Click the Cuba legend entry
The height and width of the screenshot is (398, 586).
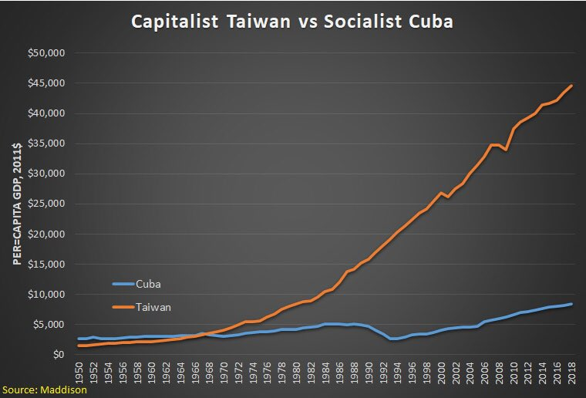point(149,284)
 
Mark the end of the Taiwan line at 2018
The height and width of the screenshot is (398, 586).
point(571,86)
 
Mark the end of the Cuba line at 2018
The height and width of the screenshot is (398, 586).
point(571,304)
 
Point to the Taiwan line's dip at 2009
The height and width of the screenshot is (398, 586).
point(506,150)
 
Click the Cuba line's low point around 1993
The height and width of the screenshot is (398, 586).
point(392,339)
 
